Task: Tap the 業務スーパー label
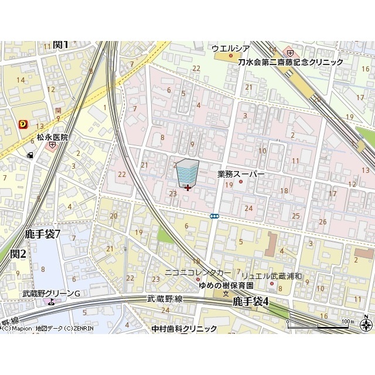(x=241, y=174)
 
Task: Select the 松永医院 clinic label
(x=52, y=137)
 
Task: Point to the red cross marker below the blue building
(x=187, y=188)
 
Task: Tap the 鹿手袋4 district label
(x=250, y=301)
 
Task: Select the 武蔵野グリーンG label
(x=51, y=293)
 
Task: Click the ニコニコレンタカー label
(x=198, y=272)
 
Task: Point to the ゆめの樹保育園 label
(x=226, y=285)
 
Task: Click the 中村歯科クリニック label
(x=183, y=329)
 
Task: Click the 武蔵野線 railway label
(x=166, y=299)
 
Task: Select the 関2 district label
(x=18, y=254)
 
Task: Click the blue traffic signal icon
(x=215, y=216)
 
